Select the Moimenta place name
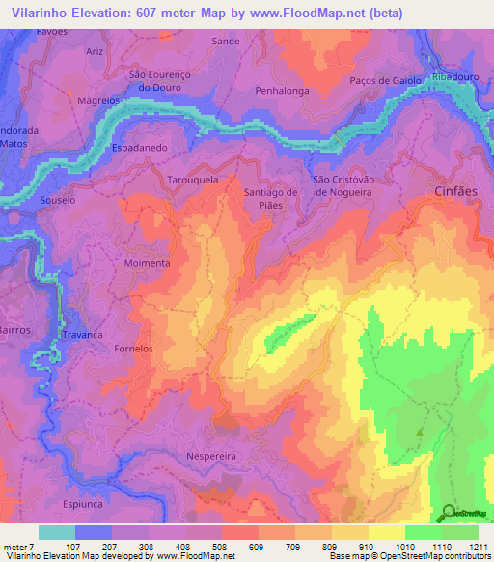147,262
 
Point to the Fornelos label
133,348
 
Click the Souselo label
57,200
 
